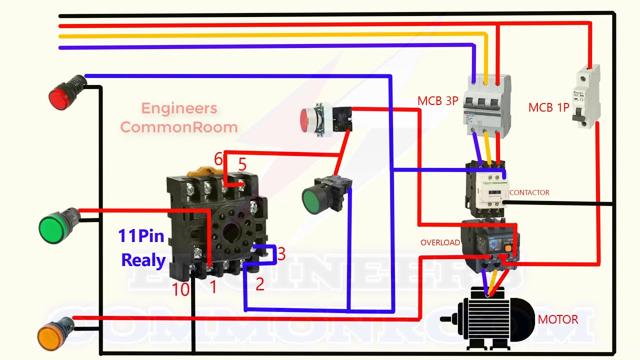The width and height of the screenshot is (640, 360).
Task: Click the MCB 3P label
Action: click(437, 101)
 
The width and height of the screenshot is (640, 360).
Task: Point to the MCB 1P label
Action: click(548, 107)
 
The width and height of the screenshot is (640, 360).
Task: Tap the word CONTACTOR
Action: click(529, 192)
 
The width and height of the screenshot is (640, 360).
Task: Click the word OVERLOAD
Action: click(440, 243)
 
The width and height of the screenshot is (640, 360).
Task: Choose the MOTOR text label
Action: click(558, 319)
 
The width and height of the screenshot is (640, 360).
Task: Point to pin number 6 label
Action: click(218, 159)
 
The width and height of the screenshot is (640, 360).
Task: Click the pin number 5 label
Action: click(242, 164)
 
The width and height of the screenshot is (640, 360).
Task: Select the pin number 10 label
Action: click(180, 289)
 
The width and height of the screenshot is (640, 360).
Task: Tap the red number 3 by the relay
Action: click(281, 254)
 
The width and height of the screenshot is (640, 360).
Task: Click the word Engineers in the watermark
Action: click(179, 108)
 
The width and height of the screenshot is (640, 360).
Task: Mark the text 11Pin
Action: click(141, 235)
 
